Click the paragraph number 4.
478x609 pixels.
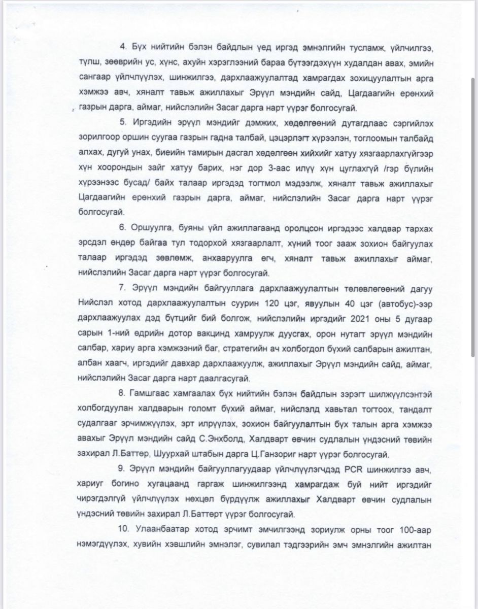122,47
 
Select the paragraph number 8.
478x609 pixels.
122,394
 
